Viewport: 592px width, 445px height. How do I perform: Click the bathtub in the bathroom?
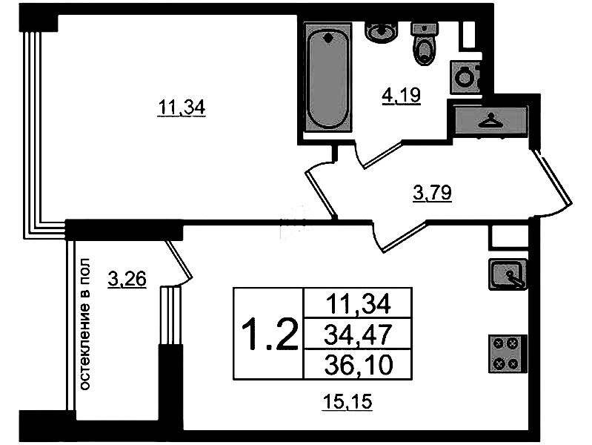[327, 79]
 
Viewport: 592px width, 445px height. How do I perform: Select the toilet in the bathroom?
[425, 44]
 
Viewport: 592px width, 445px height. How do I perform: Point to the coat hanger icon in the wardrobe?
[490, 120]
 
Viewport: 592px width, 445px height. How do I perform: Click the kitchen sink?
[508, 274]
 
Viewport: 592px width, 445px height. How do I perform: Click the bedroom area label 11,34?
[181, 108]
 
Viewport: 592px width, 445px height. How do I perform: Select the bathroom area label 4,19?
[402, 96]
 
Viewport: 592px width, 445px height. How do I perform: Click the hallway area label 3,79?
[432, 194]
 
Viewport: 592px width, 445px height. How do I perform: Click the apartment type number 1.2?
[269, 335]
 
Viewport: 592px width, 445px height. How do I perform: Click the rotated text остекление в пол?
[86, 325]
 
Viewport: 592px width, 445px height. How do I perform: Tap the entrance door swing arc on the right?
[554, 185]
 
